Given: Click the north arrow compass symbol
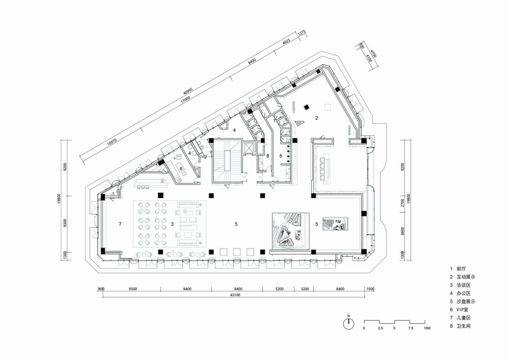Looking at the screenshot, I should [x=349, y=324].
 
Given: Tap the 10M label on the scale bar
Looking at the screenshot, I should [x=427, y=328].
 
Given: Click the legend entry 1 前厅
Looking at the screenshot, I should [x=458, y=269].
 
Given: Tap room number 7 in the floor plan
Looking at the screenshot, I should [x=120, y=225].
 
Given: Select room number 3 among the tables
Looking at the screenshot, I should [x=172, y=225].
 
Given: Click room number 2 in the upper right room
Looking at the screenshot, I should [x=317, y=118].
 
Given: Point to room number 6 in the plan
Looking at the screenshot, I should [x=181, y=168].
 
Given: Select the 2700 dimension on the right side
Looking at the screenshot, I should [x=403, y=203].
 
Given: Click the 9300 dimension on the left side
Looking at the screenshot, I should [x=65, y=224].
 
